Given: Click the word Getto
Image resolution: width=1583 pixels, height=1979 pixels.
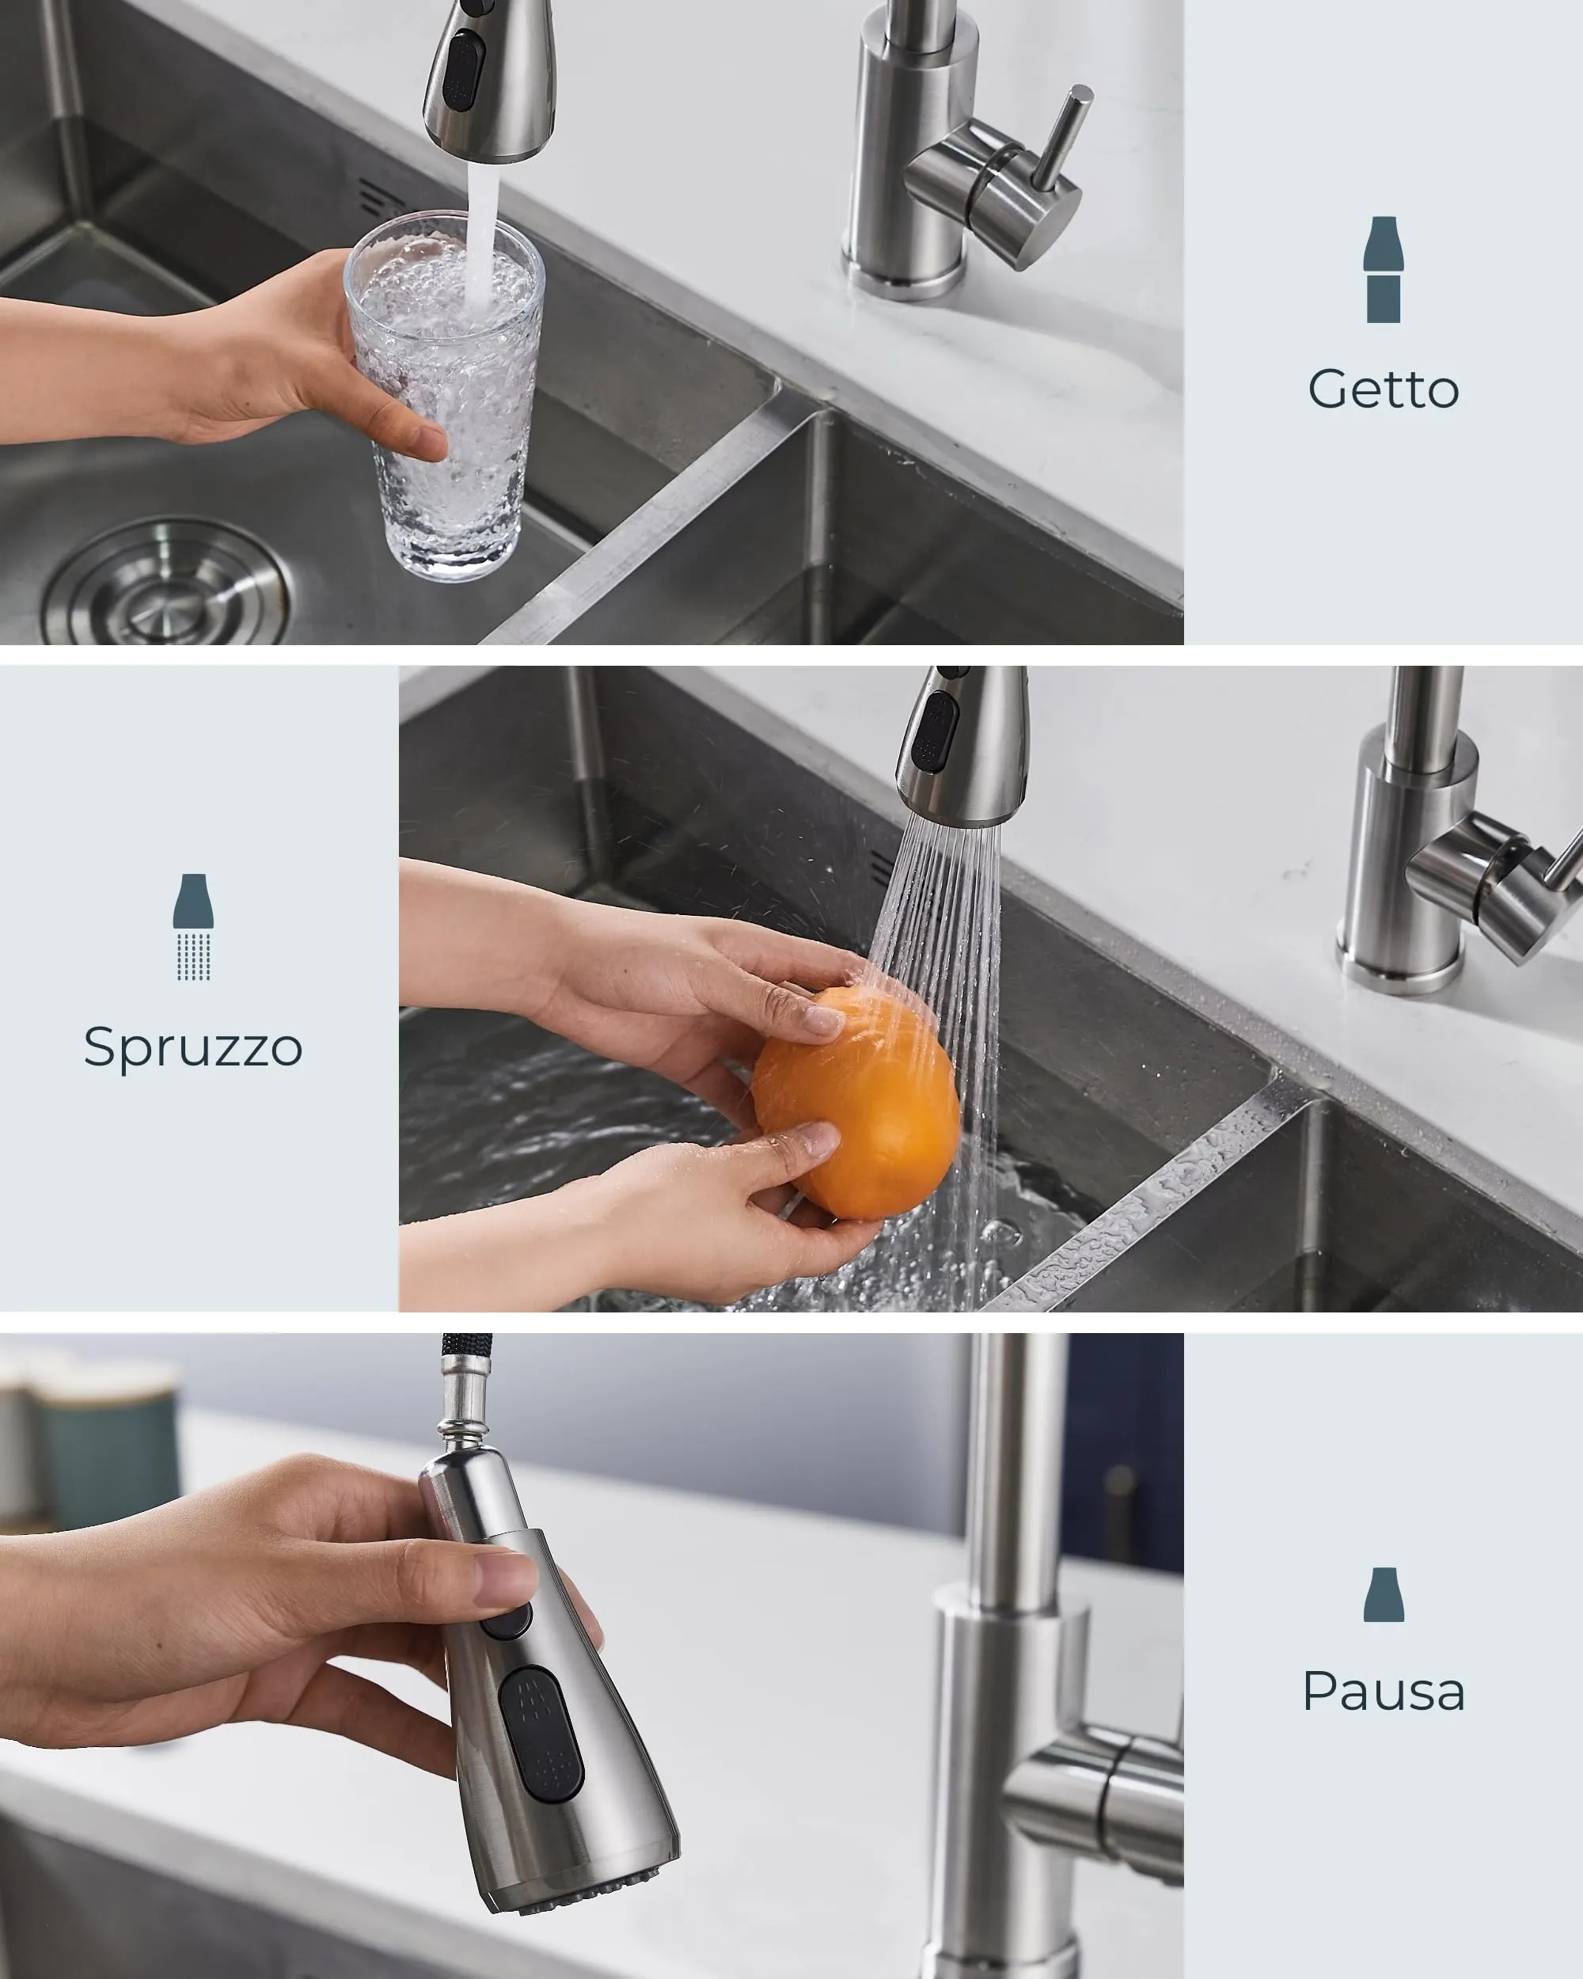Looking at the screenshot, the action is point(1383,389).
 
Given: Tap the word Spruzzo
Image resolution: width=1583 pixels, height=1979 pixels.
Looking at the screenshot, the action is point(192,1048).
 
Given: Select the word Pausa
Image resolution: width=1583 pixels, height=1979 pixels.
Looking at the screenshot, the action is point(1383,1691).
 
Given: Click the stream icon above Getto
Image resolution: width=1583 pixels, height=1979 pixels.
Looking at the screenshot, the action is point(1383,270).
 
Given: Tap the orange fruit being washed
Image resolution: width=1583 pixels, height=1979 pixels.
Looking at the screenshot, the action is point(856,1103).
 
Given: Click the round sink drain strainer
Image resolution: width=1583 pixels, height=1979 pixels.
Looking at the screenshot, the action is point(166,586).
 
